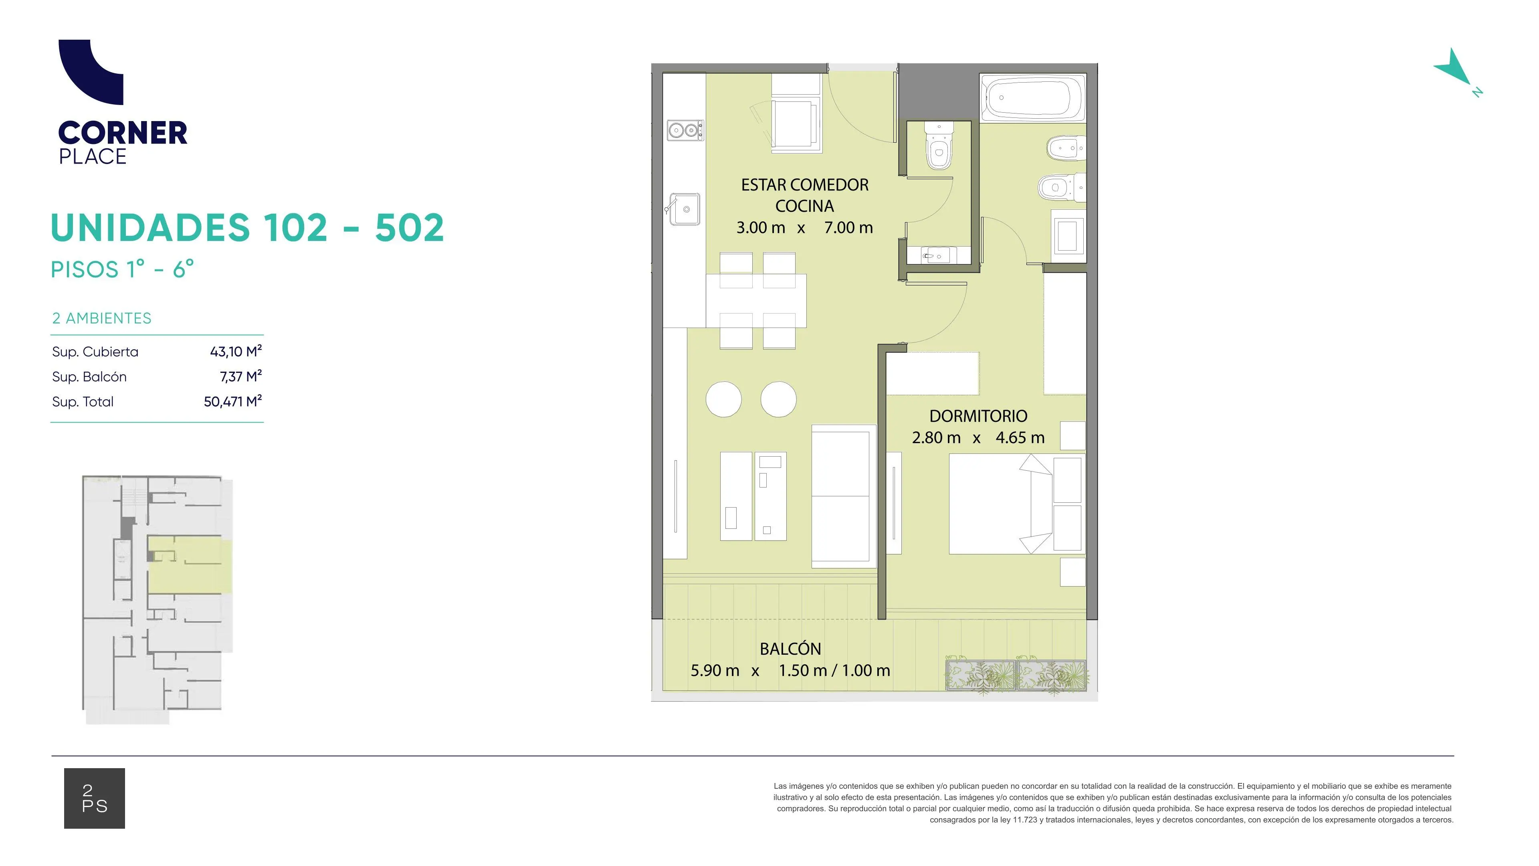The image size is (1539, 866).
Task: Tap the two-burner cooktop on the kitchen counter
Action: pyautogui.click(x=685, y=129)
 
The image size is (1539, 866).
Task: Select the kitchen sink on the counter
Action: pyautogui.click(x=684, y=209)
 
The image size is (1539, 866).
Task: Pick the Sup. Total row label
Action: pyautogui.click(x=83, y=402)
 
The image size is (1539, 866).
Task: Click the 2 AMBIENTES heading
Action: pyautogui.click(x=101, y=318)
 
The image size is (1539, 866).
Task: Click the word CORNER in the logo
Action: pyautogui.click(x=123, y=133)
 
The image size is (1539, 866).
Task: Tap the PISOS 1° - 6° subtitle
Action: pyautogui.click(x=123, y=269)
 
